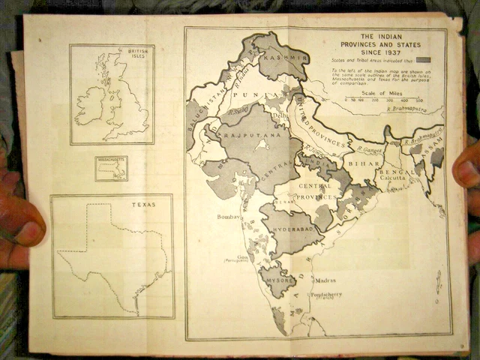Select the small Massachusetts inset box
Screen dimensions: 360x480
coord(111,168)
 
